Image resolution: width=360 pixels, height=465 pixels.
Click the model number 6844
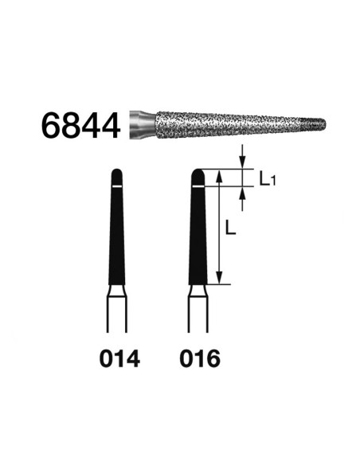80,126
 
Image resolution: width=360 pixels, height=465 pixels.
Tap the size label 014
119,358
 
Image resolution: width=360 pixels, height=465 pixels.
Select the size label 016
200,358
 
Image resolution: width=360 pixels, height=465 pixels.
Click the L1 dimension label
268,179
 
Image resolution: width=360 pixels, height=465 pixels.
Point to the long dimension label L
230,228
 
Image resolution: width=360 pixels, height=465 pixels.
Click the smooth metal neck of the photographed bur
143,124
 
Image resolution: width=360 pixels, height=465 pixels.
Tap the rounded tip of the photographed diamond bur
323,123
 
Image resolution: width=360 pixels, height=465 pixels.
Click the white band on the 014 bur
117,186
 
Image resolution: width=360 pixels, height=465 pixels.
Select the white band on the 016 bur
198,186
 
